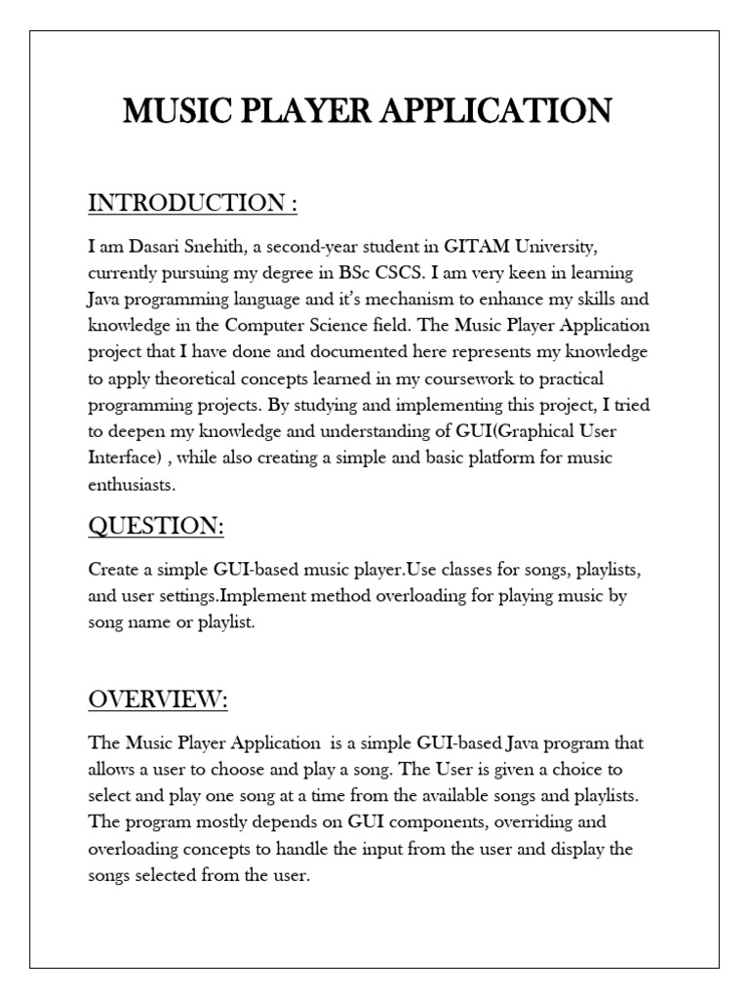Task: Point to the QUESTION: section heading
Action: [x=156, y=526]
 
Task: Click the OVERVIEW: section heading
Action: [x=158, y=699]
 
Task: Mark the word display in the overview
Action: [x=584, y=849]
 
